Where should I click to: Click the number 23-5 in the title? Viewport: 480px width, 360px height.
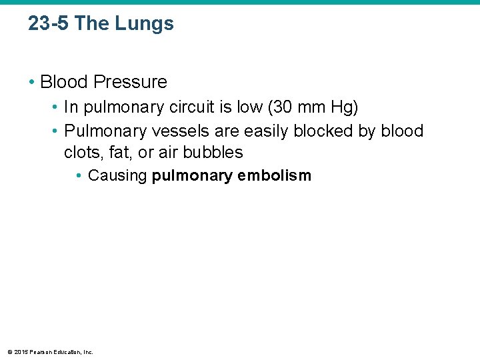coord(49,24)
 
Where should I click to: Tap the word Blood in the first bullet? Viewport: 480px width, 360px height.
coord(65,82)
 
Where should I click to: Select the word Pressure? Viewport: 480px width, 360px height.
coord(131,82)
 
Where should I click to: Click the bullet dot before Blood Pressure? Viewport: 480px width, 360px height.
coord(32,83)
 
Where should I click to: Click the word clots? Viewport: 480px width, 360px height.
coord(81,152)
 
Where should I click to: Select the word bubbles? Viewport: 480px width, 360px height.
coord(215,152)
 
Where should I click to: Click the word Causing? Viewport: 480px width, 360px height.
coord(117,176)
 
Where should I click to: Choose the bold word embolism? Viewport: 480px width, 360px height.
coord(281,176)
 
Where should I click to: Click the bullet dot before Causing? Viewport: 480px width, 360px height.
coord(79,176)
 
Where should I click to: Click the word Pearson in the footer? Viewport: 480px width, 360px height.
coord(41,351)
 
